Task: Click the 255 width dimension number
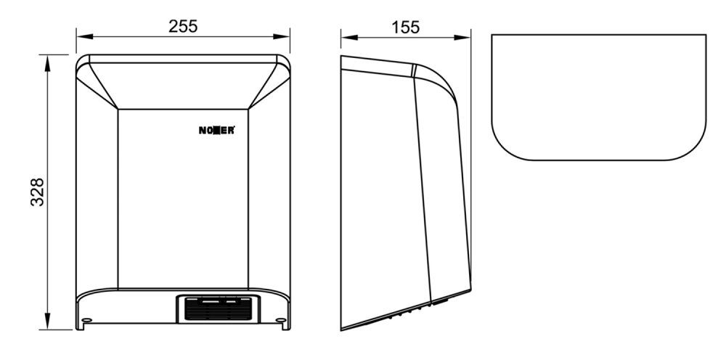[x=183, y=26]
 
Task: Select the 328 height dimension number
[x=37, y=192]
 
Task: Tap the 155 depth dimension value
[x=406, y=28]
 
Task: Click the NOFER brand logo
[x=216, y=131]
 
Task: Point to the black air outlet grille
[x=218, y=308]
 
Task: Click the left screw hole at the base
[x=86, y=320]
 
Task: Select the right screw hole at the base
[x=280, y=320]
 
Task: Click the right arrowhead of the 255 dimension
[x=282, y=36]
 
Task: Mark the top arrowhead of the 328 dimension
[x=47, y=63]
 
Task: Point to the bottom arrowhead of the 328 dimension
[x=47, y=321]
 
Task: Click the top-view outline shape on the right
[x=599, y=34]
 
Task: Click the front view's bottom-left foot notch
[x=81, y=326]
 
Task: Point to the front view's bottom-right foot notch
[x=286, y=326]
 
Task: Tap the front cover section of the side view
[x=443, y=185]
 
